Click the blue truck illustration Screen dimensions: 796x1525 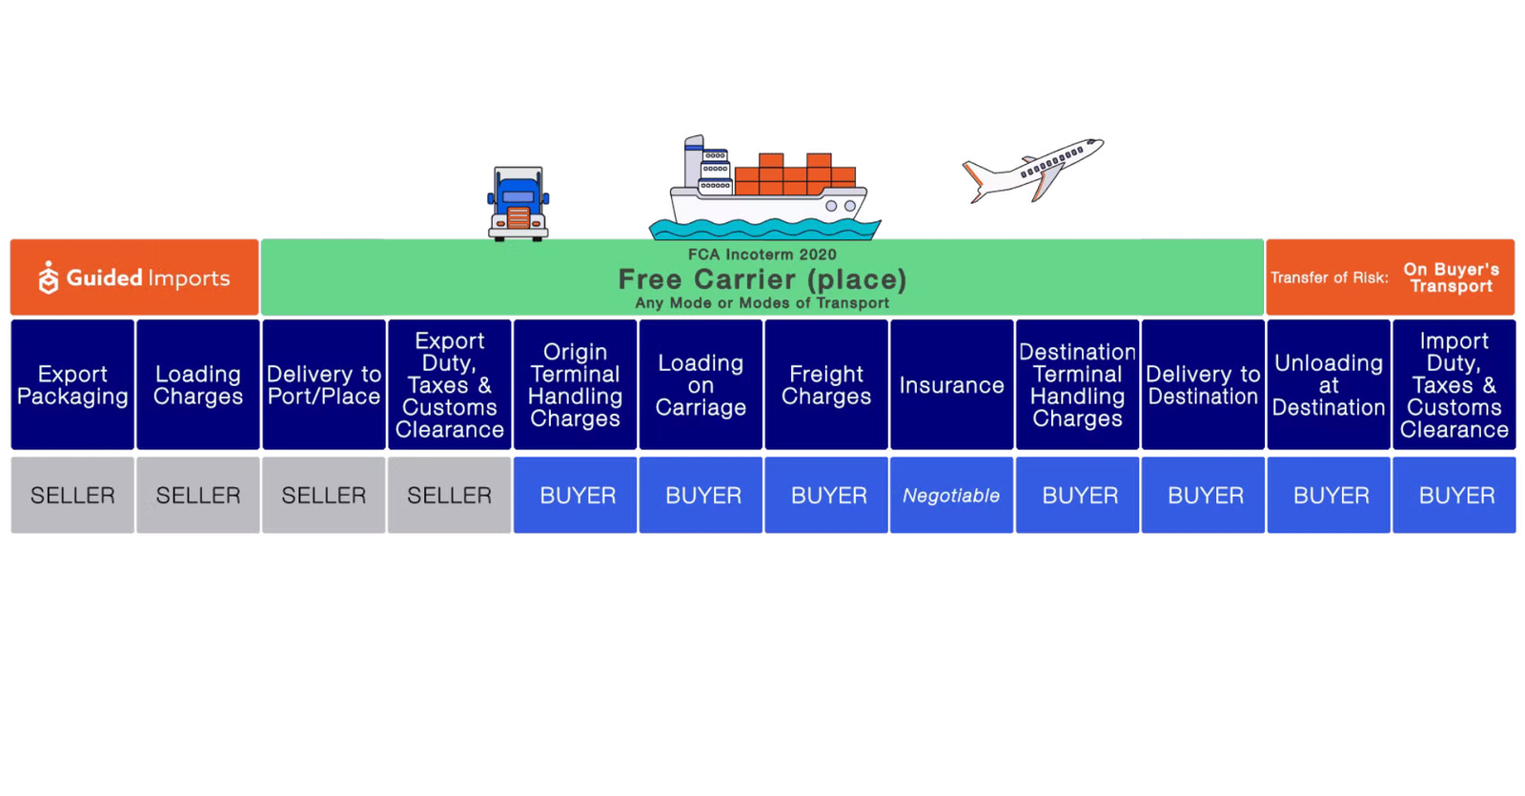(x=518, y=203)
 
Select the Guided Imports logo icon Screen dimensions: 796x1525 (x=49, y=277)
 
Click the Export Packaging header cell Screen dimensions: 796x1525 (x=72, y=385)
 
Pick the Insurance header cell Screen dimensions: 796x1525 (x=951, y=385)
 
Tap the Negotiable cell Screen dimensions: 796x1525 (x=951, y=496)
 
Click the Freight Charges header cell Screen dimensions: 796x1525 (x=826, y=385)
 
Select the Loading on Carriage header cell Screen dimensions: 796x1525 (x=701, y=385)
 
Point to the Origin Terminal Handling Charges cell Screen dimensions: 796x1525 (x=575, y=385)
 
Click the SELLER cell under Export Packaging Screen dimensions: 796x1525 (x=72, y=496)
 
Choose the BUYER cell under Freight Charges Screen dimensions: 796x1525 (x=826, y=496)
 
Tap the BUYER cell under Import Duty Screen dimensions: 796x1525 (x=1454, y=496)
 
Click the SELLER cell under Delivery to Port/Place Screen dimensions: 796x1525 (x=324, y=496)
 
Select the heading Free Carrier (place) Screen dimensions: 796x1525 (x=762, y=279)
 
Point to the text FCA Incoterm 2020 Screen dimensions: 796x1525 (x=762, y=255)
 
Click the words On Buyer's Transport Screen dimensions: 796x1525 (x=1451, y=277)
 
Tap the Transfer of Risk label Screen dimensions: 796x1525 (x=1329, y=277)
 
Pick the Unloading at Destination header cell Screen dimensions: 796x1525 (x=1329, y=385)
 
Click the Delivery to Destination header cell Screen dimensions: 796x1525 (x=1203, y=385)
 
